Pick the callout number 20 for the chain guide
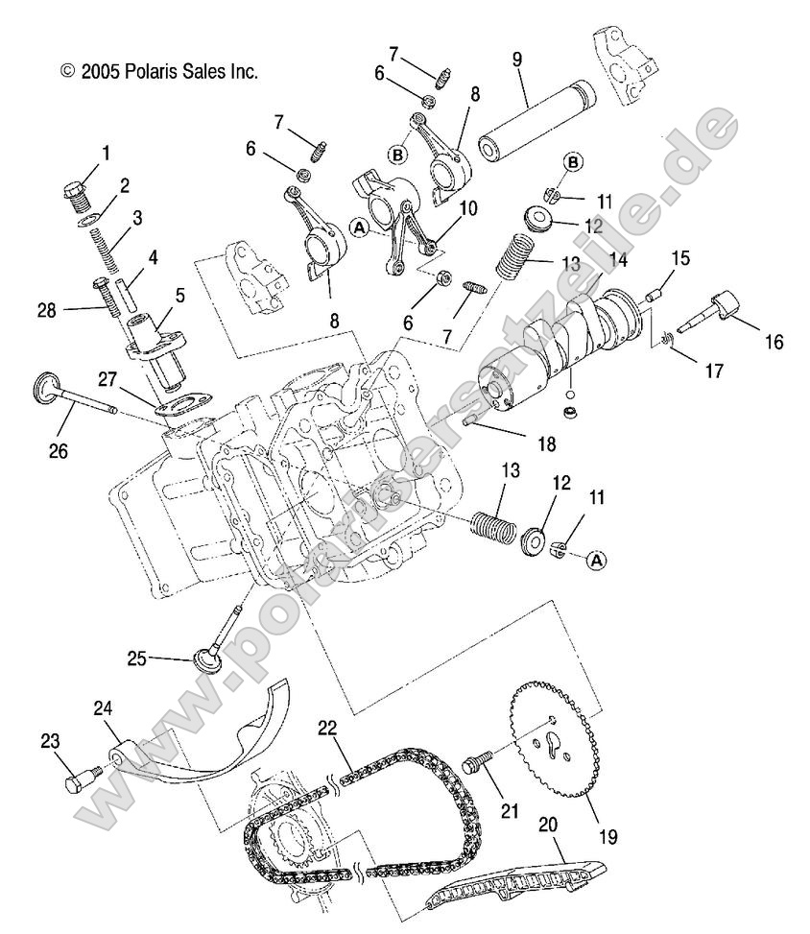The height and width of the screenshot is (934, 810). click(547, 823)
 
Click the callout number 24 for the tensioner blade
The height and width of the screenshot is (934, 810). click(104, 709)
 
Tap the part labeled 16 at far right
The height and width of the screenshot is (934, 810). click(727, 312)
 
